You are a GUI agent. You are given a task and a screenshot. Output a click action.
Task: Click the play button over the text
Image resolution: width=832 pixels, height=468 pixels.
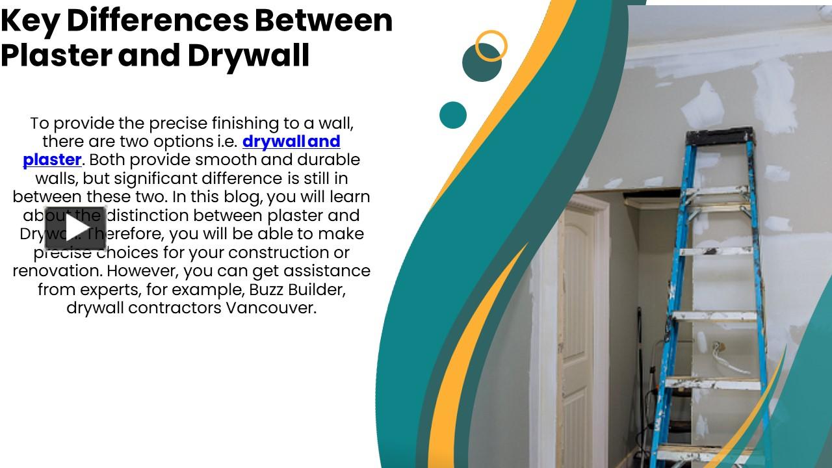[75, 228]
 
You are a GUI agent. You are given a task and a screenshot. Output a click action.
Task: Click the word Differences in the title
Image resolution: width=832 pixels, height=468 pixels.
[157, 21]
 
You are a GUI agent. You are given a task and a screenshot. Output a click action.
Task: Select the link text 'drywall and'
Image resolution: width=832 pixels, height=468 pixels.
[291, 142]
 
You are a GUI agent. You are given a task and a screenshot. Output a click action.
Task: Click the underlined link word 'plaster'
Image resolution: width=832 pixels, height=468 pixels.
[52, 160]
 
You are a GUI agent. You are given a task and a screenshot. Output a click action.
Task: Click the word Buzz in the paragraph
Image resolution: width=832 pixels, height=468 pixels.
[267, 289]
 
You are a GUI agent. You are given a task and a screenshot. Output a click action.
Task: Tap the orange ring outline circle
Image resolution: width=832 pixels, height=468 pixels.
[491, 46]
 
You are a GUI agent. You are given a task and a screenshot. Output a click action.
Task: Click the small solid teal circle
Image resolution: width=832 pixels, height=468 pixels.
[453, 115]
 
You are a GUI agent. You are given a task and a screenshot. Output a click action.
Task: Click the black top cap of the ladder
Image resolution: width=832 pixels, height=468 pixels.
[719, 136]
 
